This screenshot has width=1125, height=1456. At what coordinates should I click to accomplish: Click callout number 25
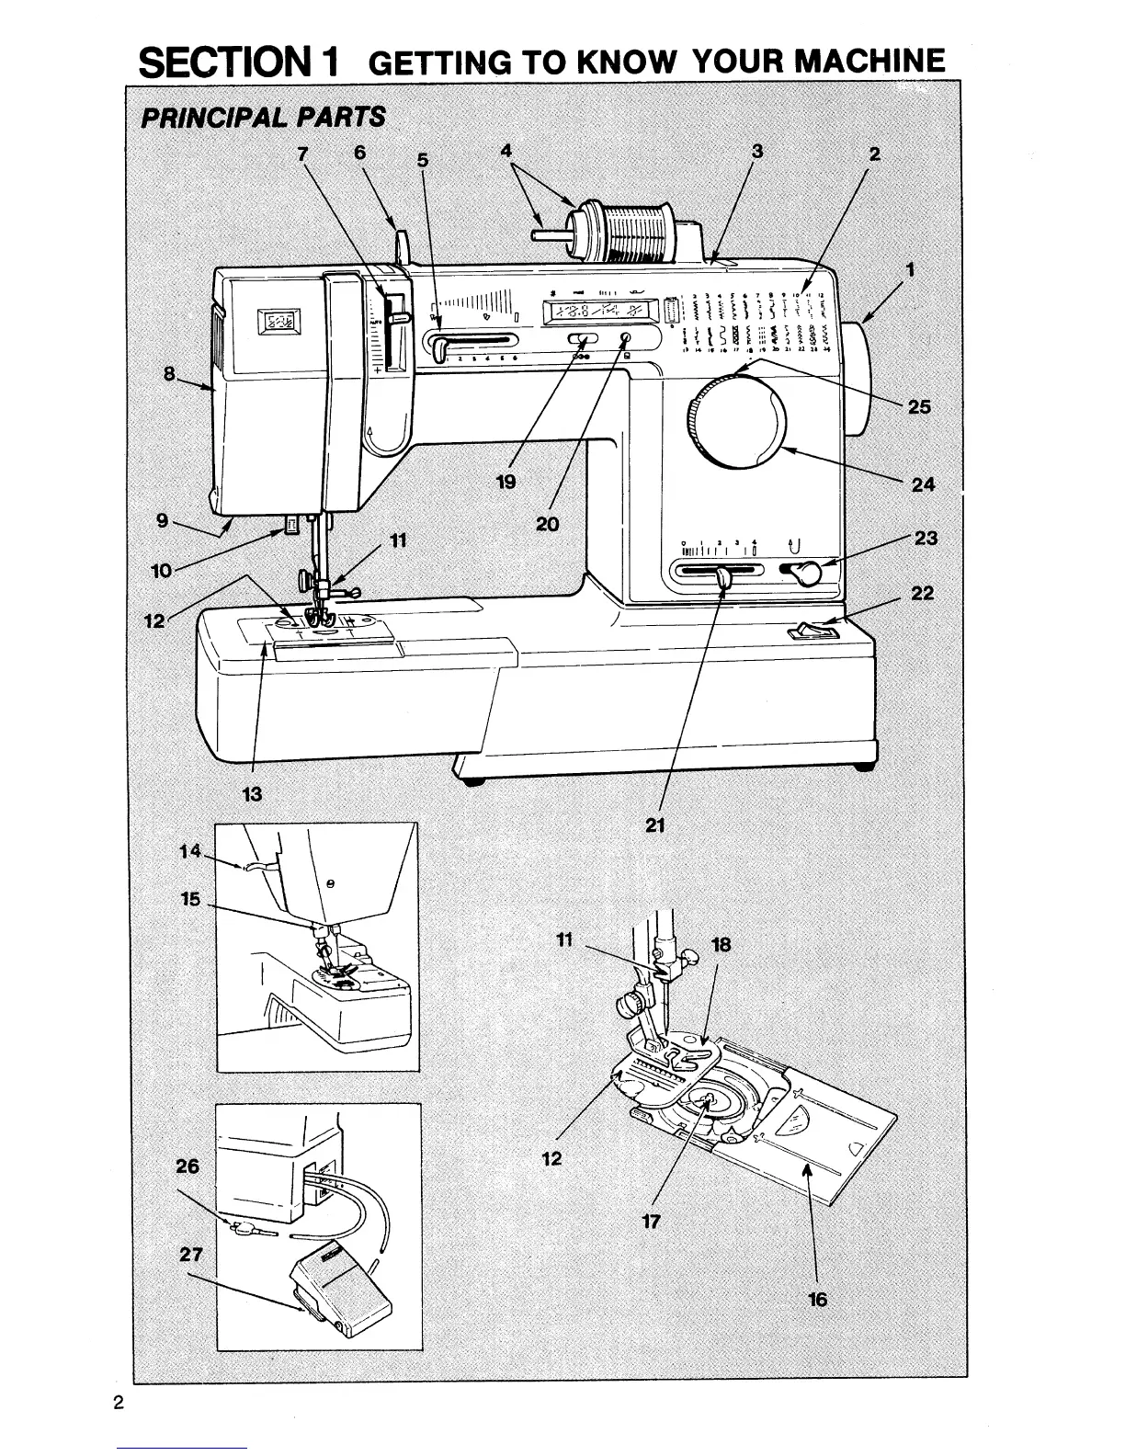pyautogui.click(x=919, y=406)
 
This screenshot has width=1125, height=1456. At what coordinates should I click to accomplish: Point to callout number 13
pyautogui.click(x=252, y=795)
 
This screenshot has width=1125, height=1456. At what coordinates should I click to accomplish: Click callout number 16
pyautogui.click(x=817, y=1299)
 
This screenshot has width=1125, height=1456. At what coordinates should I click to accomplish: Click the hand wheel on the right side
pyautogui.click(x=852, y=379)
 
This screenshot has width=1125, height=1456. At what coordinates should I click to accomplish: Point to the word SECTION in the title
pyautogui.click(x=239, y=62)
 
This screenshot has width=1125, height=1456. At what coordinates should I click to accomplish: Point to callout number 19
pyautogui.click(x=505, y=482)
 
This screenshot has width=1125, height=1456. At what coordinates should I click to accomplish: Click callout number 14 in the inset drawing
pyautogui.click(x=189, y=851)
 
